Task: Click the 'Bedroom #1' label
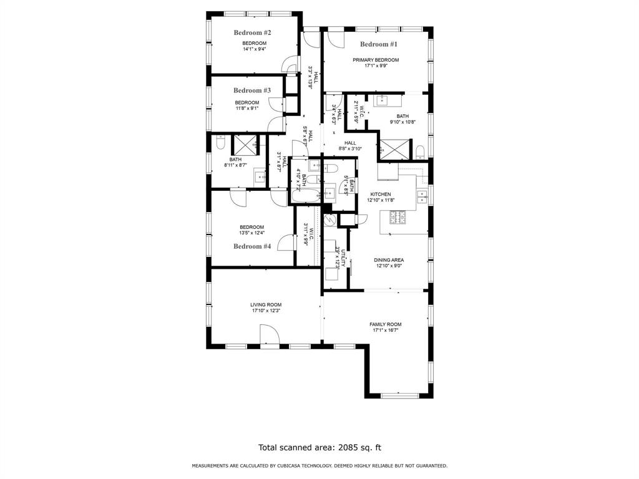coord(378,44)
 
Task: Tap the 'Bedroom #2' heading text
coord(252,32)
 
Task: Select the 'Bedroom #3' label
coord(252,90)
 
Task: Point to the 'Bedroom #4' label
coord(252,246)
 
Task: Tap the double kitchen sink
coord(423,197)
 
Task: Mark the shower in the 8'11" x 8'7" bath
coord(244,144)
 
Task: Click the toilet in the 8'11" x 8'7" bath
coord(220,144)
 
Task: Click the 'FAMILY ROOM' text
coord(385,324)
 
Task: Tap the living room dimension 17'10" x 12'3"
coord(266,311)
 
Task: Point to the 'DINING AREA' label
coord(389,260)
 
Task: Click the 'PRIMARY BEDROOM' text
coord(376,60)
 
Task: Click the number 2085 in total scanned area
coord(350,447)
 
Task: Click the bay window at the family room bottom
coord(399,395)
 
